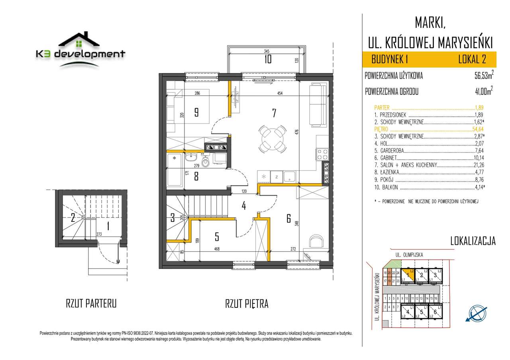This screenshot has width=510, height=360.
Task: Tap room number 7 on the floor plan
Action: (274, 113)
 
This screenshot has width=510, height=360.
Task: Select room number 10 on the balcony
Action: (268, 59)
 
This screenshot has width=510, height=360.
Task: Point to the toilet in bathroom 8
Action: (206, 162)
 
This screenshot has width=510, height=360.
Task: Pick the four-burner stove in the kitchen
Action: (322, 154)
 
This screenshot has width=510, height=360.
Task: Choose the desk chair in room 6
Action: (317, 241)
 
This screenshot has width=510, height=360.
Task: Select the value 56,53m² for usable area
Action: (481, 76)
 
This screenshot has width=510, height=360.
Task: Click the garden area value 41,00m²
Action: (481, 92)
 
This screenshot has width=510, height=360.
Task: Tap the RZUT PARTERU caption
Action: (91, 304)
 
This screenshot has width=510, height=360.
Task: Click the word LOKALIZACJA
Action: (473, 241)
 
